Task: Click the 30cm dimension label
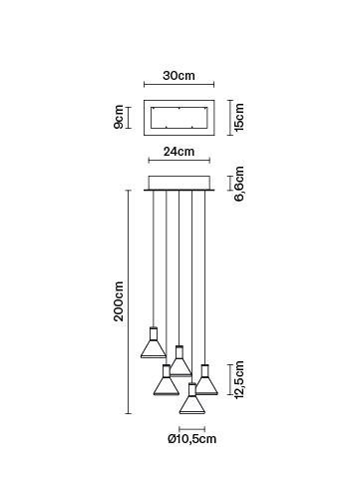click(179, 76)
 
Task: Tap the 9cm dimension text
click(119, 117)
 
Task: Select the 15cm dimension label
click(239, 117)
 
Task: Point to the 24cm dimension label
click(179, 152)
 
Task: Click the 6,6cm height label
click(239, 184)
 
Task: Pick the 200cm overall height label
click(119, 301)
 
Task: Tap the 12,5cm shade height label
click(239, 380)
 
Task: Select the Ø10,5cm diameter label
click(192, 439)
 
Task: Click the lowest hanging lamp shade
click(192, 399)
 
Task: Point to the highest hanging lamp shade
click(154, 342)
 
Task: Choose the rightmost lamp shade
click(205, 380)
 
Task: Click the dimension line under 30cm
click(179, 85)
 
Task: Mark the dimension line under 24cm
click(180, 161)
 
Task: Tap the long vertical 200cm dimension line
click(129, 302)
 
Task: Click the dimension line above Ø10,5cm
click(191, 429)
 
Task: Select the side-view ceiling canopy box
click(180, 184)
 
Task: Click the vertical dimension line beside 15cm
click(230, 118)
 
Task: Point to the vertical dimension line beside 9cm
click(129, 118)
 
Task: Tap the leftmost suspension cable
click(154, 258)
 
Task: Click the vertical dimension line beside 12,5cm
click(230, 379)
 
